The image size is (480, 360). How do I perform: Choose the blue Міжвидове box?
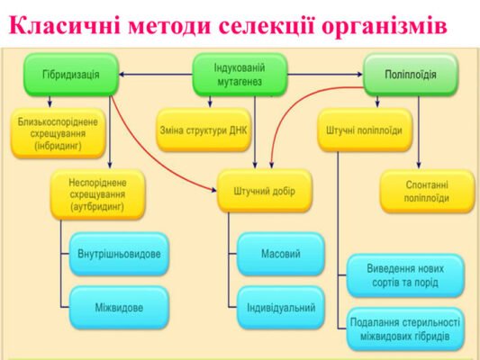(118, 307)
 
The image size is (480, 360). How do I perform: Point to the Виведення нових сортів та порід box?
(404, 274)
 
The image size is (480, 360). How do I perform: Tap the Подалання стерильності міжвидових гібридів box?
(404, 329)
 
